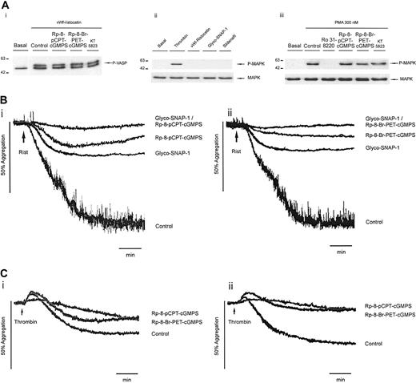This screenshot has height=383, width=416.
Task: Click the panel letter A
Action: tap(5, 5)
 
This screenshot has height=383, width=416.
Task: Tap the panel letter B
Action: tap(5, 103)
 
